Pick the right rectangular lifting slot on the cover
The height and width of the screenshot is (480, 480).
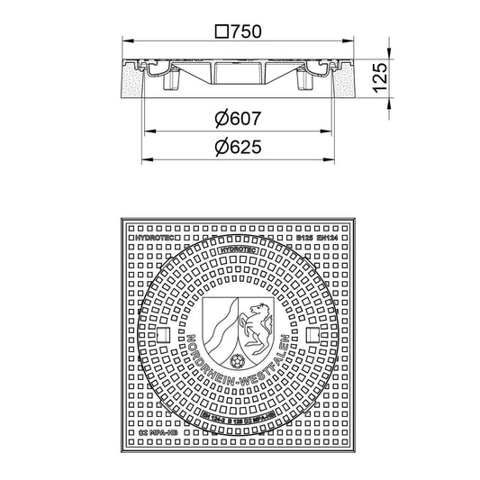[x=312, y=336]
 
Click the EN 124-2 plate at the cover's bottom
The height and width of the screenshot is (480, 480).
[x=237, y=421]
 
